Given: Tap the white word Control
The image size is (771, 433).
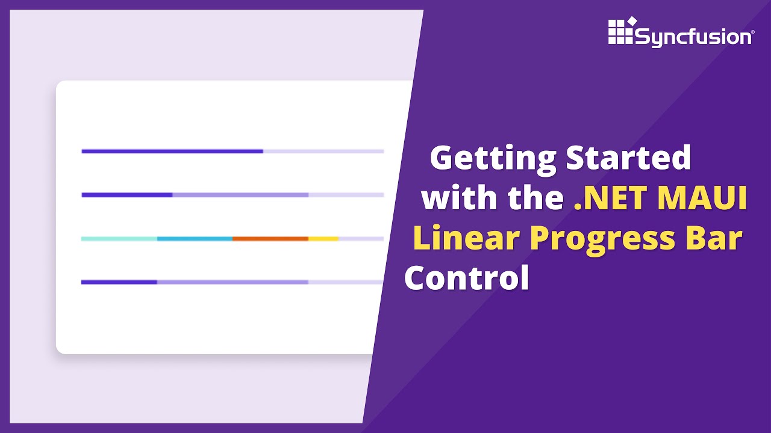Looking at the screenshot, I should (466, 278).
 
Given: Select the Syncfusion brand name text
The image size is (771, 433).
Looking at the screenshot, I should (693, 37).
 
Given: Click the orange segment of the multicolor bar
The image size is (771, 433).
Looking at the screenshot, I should (270, 239).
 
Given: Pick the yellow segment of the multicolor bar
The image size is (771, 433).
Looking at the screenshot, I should (323, 239).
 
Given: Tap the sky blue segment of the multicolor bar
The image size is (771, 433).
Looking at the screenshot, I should (195, 239).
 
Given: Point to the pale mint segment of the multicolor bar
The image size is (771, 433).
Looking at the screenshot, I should (119, 239).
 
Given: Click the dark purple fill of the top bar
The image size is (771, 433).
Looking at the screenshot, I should (172, 151).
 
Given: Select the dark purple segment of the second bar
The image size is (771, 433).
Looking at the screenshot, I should (127, 195).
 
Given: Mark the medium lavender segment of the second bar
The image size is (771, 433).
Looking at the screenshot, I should (240, 195).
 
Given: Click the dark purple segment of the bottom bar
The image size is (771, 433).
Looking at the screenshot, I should (119, 281).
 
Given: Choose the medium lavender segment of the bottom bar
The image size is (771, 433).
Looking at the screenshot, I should (233, 281).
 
